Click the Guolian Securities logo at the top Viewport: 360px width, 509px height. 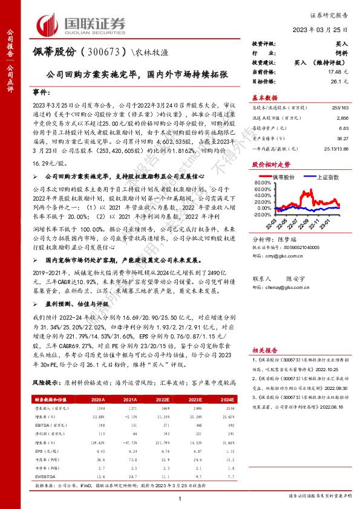(x=82, y=24)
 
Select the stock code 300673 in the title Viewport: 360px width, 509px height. (x=102, y=52)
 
